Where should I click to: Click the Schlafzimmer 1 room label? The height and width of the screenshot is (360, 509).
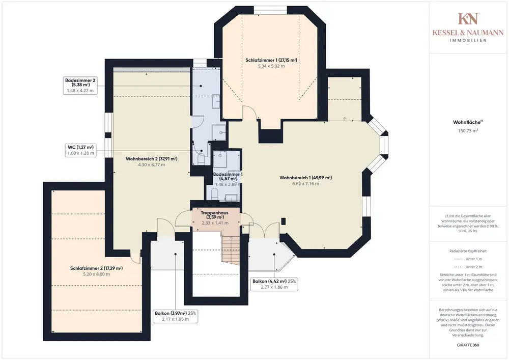click(x=271, y=60)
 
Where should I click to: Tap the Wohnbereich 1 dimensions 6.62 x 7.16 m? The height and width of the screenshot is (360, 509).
click(x=305, y=184)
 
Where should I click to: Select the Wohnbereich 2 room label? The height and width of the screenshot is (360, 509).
click(x=152, y=159)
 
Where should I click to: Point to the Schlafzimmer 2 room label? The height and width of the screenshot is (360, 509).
click(x=96, y=268)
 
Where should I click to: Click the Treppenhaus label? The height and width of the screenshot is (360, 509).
click(x=215, y=215)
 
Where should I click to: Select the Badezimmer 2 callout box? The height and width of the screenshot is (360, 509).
click(x=80, y=86)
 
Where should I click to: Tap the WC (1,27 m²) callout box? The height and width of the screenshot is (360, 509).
click(x=80, y=150)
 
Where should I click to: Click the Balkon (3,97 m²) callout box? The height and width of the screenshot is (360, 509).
click(x=175, y=316)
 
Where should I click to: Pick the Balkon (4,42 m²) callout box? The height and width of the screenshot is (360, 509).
click(x=274, y=284)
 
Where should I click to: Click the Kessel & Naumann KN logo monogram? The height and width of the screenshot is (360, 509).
click(x=468, y=19)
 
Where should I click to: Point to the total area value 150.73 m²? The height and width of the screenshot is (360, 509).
click(x=468, y=131)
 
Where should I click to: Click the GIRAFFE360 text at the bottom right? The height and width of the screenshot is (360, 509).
click(x=468, y=345)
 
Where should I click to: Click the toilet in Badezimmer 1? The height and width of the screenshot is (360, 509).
click(x=215, y=194)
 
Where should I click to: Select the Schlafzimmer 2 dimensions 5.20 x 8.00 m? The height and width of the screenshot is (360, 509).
click(x=96, y=274)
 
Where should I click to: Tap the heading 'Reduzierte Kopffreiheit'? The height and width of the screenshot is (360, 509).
click(x=468, y=251)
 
